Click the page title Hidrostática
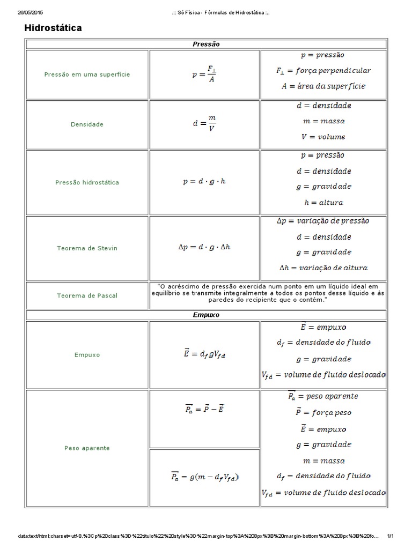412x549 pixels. pos(53,28)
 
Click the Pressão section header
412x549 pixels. pos(206,44)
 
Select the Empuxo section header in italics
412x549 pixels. pos(206,315)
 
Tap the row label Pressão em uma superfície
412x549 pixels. pos(87,75)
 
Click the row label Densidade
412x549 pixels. pos(87,124)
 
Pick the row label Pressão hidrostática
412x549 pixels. pos(87,182)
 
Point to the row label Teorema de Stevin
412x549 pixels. pos(87,248)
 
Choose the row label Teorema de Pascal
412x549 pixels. pos(87,295)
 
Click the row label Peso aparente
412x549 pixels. pos(87,448)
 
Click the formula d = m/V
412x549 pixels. pos(204,124)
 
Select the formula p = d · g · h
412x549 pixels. pos(204,182)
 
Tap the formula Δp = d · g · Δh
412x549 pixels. pos(204,248)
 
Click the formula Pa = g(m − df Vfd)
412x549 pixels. pos(204,476)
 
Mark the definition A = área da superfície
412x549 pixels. pos(323,86)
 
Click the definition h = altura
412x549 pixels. pos(323,203)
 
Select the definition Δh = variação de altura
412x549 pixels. pos(323,268)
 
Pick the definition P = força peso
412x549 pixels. pos(323,412)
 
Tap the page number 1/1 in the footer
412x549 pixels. pos(391,536)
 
